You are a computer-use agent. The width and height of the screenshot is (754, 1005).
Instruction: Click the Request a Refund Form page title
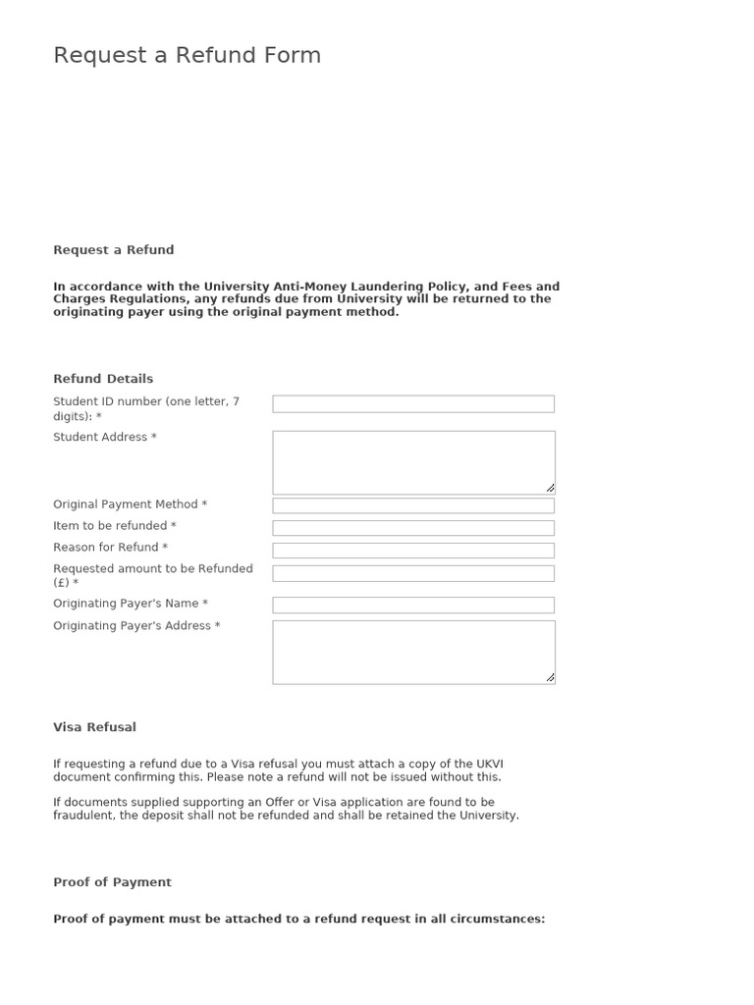tap(187, 56)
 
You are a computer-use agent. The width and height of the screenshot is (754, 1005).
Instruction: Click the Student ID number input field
tap(412, 404)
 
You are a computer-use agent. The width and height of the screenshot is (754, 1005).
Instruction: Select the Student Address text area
tap(412, 462)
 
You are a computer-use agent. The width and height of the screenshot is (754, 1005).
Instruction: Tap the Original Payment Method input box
tap(412, 506)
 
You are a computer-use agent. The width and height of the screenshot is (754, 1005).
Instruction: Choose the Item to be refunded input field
tap(412, 528)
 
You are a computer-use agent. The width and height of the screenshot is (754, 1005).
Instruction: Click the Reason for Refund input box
tap(412, 551)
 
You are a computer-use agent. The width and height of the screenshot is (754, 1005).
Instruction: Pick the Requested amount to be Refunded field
tap(412, 573)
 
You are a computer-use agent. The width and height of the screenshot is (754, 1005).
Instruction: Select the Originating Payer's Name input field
tap(412, 606)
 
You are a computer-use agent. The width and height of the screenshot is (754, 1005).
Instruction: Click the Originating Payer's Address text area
tap(412, 652)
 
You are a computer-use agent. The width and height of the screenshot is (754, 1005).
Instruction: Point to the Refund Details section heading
tap(103, 379)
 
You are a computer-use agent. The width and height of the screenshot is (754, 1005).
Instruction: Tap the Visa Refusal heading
tap(94, 727)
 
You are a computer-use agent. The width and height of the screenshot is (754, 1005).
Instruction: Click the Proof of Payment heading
tap(112, 882)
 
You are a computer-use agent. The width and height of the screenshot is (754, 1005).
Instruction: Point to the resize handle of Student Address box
tap(550, 488)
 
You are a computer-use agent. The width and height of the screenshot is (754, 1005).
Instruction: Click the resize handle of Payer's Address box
tap(550, 677)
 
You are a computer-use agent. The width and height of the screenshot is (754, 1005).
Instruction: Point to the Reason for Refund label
tap(110, 548)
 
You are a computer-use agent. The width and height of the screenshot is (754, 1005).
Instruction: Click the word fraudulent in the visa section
tap(83, 816)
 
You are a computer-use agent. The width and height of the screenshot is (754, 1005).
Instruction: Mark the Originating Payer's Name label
tap(130, 604)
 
